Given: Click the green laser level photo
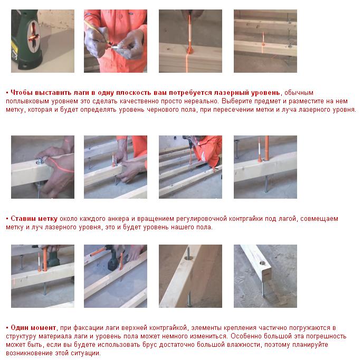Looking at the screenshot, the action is point(43,41).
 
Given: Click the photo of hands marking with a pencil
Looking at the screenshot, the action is point(116,41).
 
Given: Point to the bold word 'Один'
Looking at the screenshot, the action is point(20,327).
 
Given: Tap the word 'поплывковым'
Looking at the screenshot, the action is point(27,101).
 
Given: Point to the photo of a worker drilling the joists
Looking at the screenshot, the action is point(190,167).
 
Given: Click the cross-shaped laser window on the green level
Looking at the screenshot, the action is point(33,35).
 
